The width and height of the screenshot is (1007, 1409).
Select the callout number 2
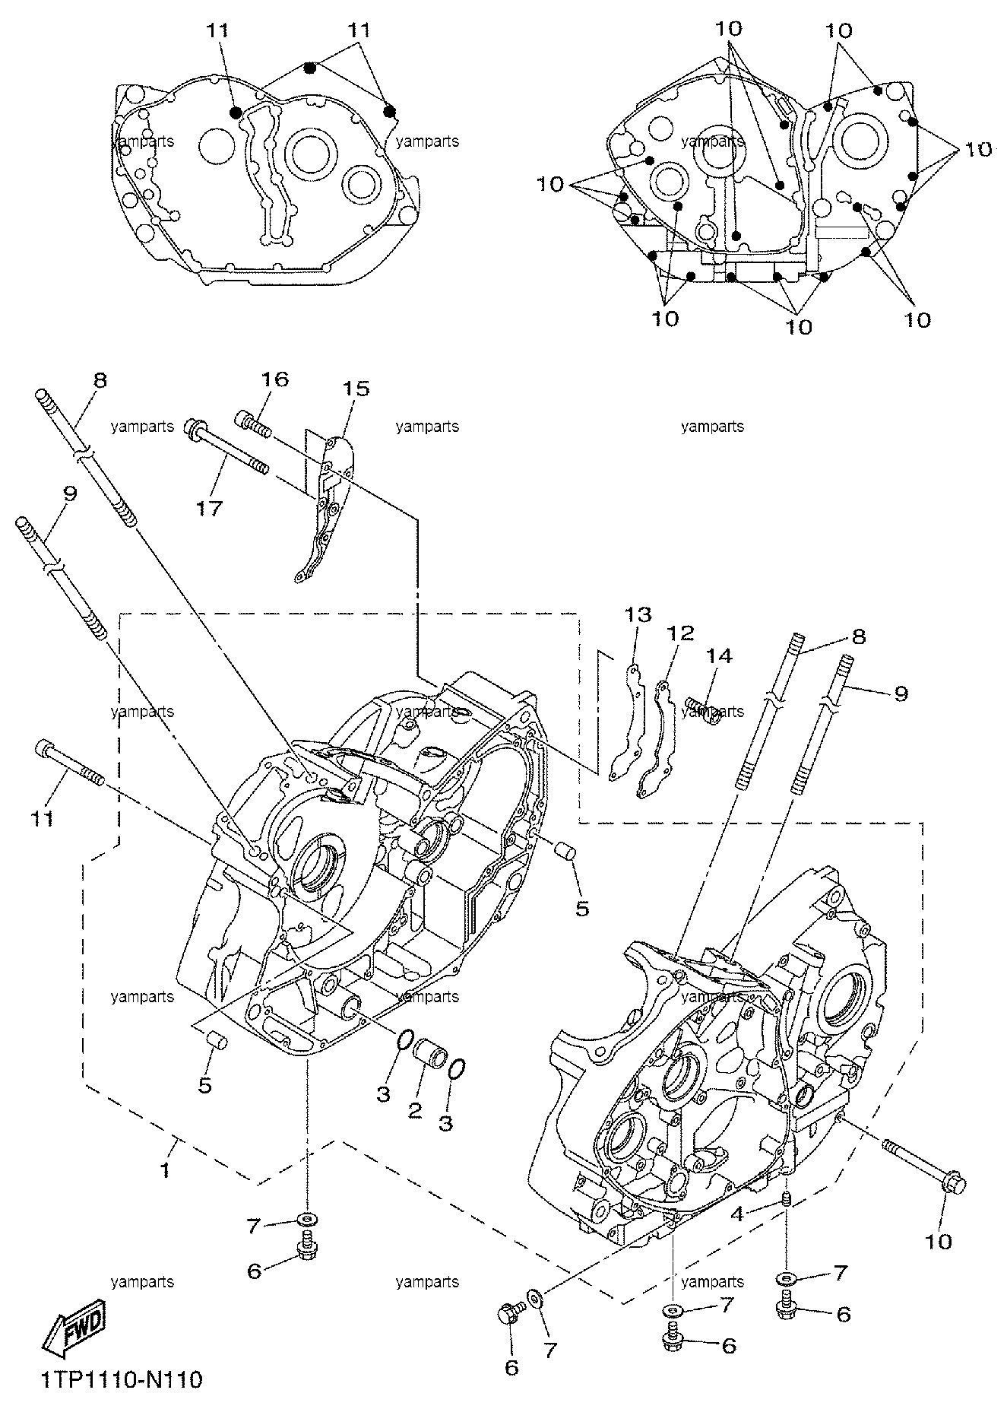point(415,1109)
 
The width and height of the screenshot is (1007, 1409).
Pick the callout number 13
point(638,614)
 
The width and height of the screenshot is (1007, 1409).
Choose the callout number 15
point(356,389)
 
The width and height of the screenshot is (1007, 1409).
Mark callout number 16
point(275,379)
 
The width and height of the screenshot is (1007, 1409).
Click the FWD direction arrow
point(73,1334)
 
